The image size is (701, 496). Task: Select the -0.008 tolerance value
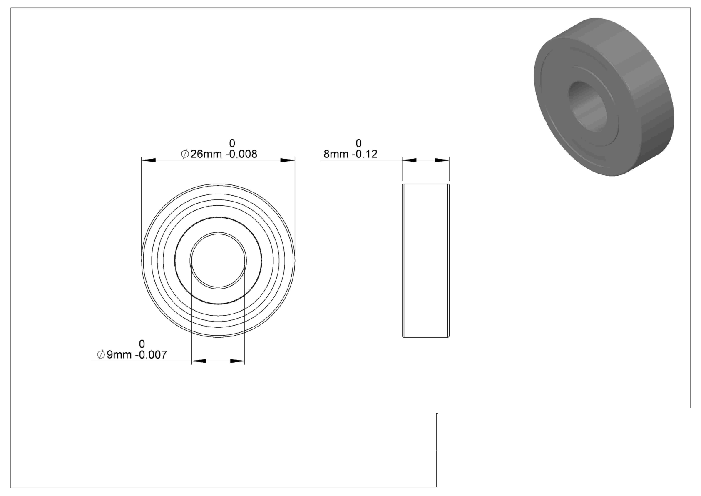241,154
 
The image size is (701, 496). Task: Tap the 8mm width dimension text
336,154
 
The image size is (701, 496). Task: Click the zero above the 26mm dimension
232,143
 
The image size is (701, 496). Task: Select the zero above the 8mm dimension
359,143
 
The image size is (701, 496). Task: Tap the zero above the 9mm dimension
142,344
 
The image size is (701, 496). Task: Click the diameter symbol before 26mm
185,154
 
